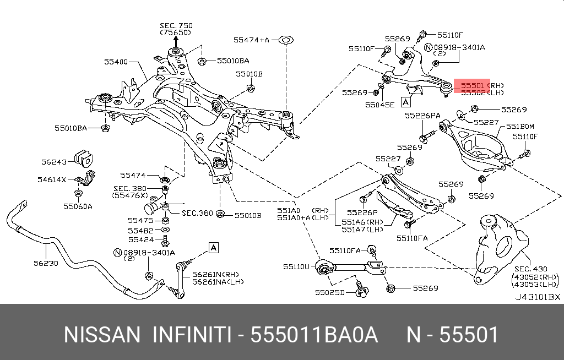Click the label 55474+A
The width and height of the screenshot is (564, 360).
251,40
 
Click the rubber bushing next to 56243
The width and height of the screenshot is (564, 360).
85,159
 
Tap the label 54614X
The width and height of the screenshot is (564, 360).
52,179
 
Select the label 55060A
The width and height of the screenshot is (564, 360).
77,206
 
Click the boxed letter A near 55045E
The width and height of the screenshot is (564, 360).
406,102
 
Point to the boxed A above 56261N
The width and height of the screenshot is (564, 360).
213,247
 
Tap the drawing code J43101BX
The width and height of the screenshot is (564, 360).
537,297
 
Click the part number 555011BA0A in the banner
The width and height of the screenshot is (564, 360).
314,335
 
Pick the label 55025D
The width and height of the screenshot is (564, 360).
330,292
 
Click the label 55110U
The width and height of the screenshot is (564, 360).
297,266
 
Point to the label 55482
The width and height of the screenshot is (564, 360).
140,231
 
